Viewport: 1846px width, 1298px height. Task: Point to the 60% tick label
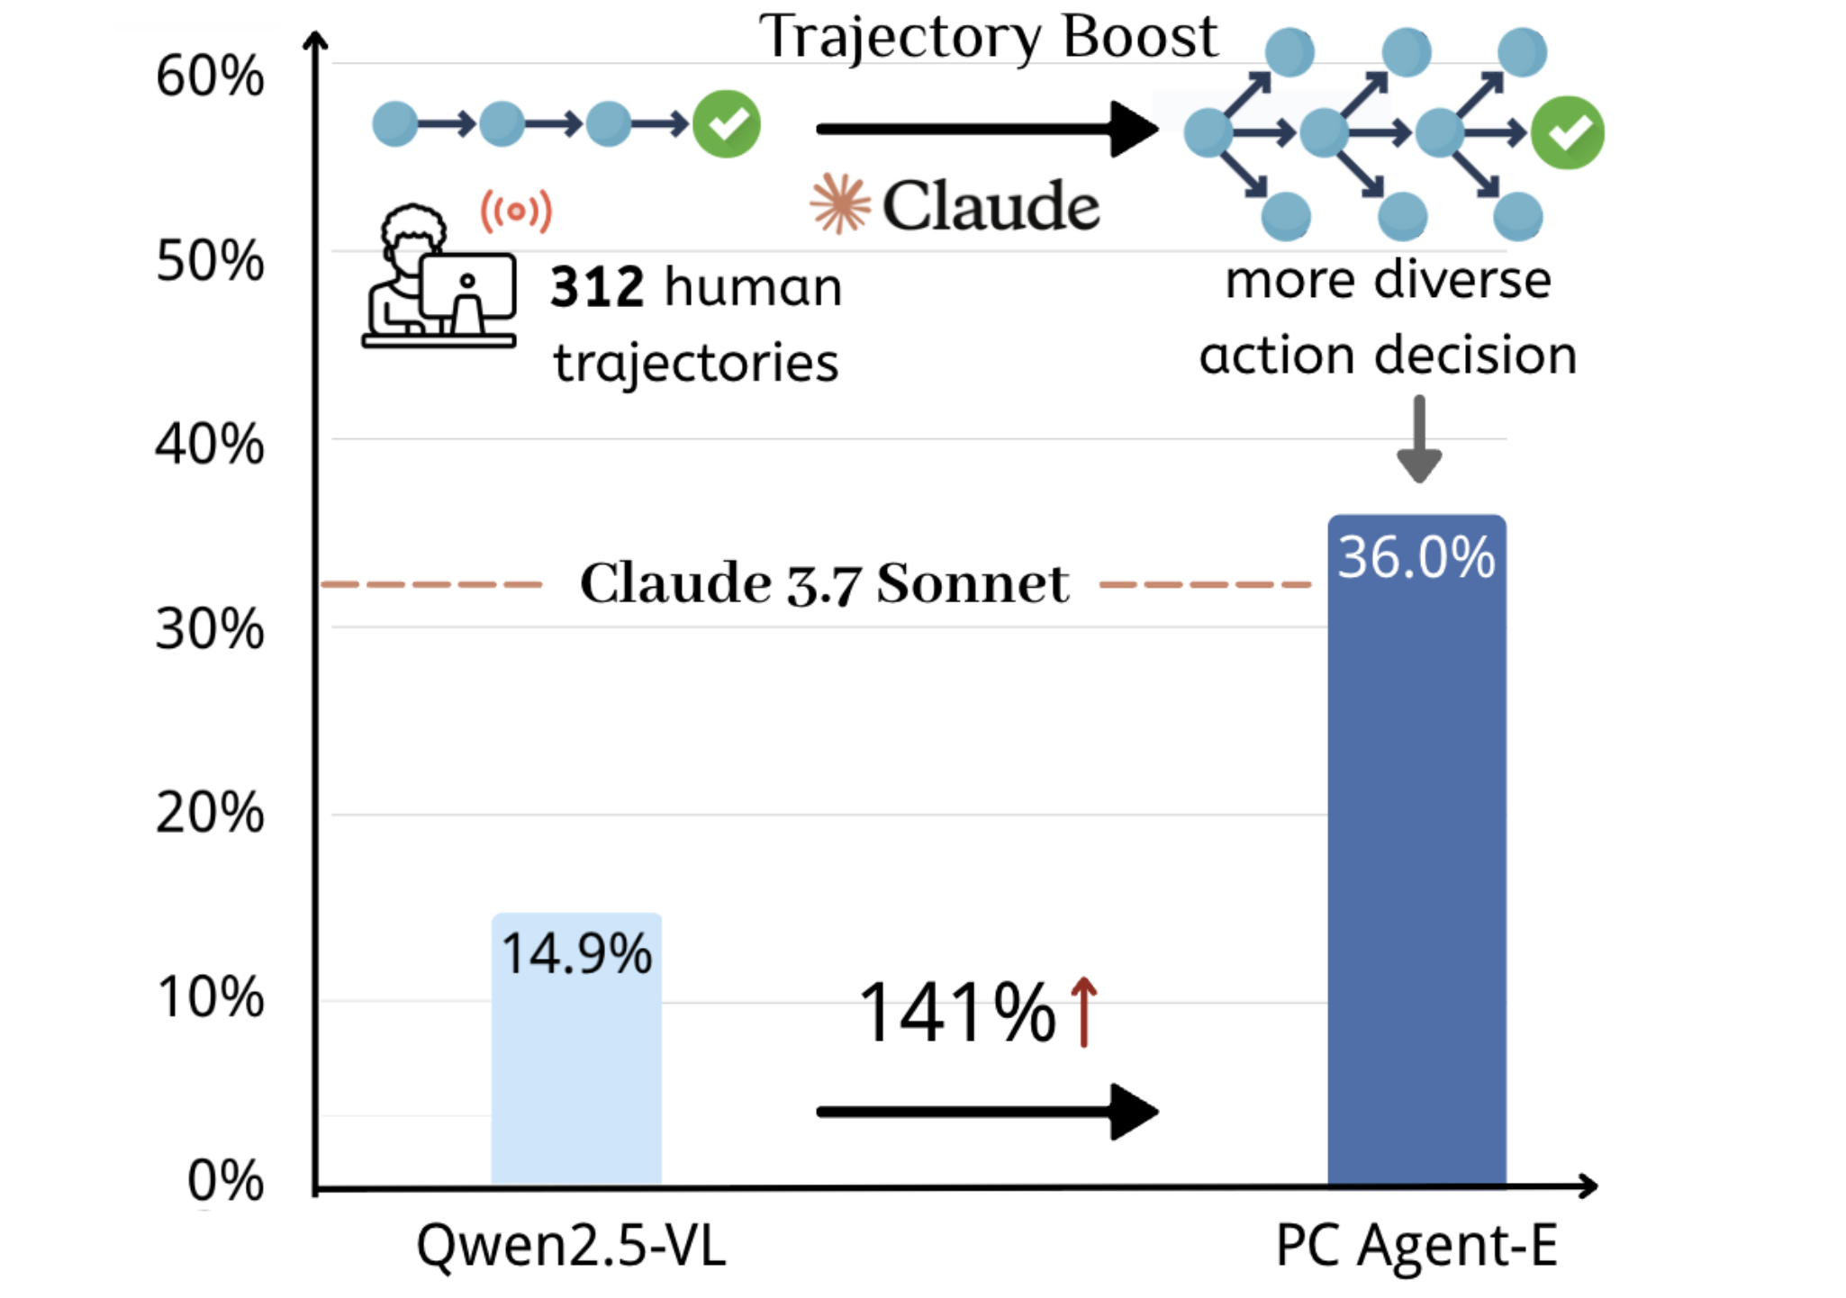(210, 77)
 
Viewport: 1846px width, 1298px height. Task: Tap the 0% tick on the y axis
(225, 1181)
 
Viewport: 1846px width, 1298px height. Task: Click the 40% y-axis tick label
(210, 445)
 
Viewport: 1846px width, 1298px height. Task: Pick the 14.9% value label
(576, 954)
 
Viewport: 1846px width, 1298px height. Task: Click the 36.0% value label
(1416, 557)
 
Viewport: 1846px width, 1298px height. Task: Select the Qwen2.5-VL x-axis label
(571, 1247)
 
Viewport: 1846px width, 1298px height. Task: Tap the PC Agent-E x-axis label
(1416, 1247)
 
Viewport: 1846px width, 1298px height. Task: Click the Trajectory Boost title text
(988, 38)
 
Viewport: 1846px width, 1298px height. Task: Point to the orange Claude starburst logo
(840, 204)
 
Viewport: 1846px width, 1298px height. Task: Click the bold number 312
(597, 288)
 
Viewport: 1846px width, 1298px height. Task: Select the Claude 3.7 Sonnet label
(824, 583)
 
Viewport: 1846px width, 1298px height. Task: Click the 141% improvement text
(957, 1014)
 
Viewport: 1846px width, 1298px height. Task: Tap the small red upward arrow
(1084, 1012)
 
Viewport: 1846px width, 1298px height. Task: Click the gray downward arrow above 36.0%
(1419, 439)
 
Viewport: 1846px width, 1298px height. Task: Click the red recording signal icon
(516, 212)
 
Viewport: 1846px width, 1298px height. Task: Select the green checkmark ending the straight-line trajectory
(727, 124)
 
